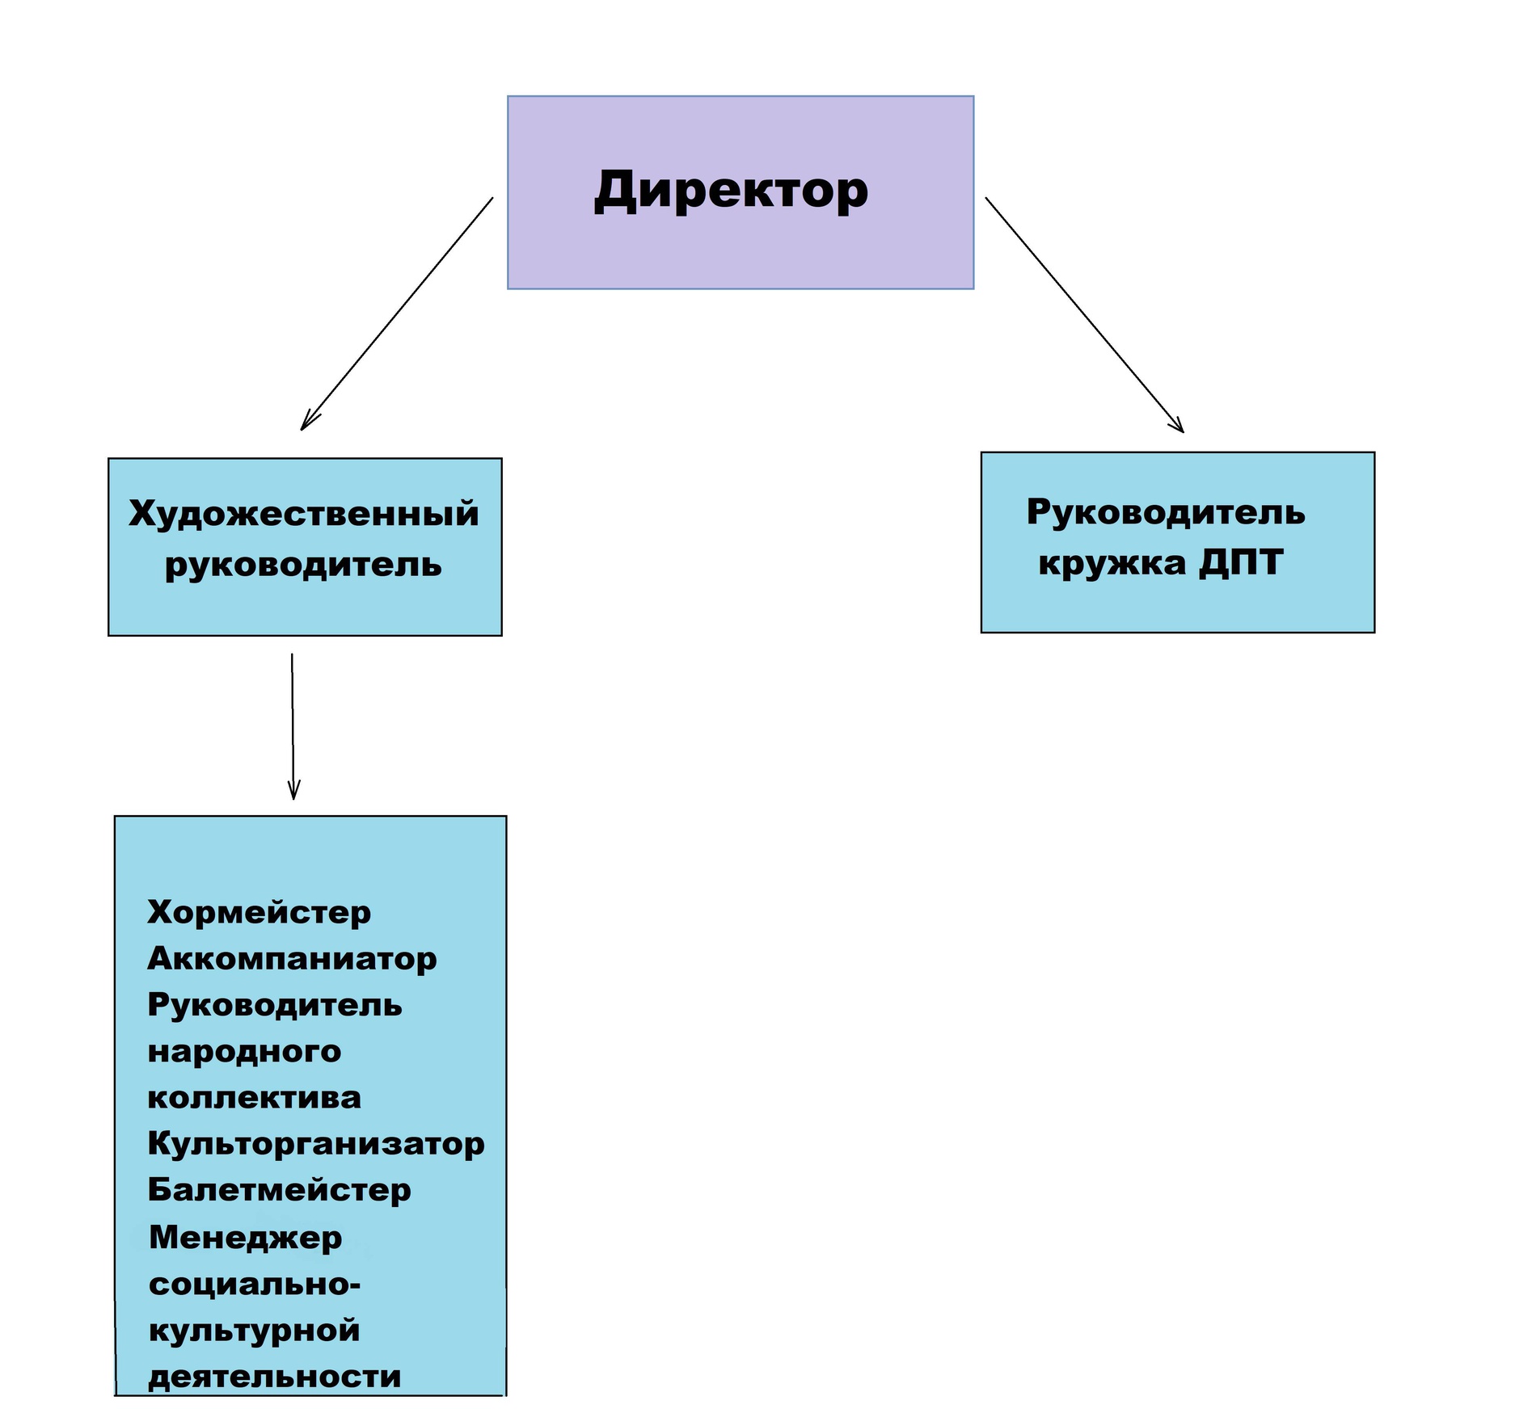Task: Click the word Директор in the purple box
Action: [x=731, y=191]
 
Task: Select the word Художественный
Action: [x=304, y=514]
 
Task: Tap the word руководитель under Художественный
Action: [x=303, y=564]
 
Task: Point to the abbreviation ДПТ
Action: [x=1241, y=562]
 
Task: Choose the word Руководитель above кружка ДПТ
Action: [x=1166, y=512]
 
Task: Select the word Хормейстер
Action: [x=259, y=912]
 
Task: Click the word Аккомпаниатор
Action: [x=292, y=959]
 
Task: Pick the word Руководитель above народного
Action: [x=275, y=1005]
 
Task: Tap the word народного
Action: [x=244, y=1052]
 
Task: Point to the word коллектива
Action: [x=254, y=1098]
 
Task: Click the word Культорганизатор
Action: [x=316, y=1144]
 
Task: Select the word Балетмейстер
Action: [x=279, y=1190]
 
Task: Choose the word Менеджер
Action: [x=245, y=1238]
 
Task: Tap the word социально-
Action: [x=254, y=1284]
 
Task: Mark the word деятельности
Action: [x=275, y=1377]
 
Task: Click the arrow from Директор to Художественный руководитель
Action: [x=396, y=314]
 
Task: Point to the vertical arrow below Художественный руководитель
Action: [x=293, y=726]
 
